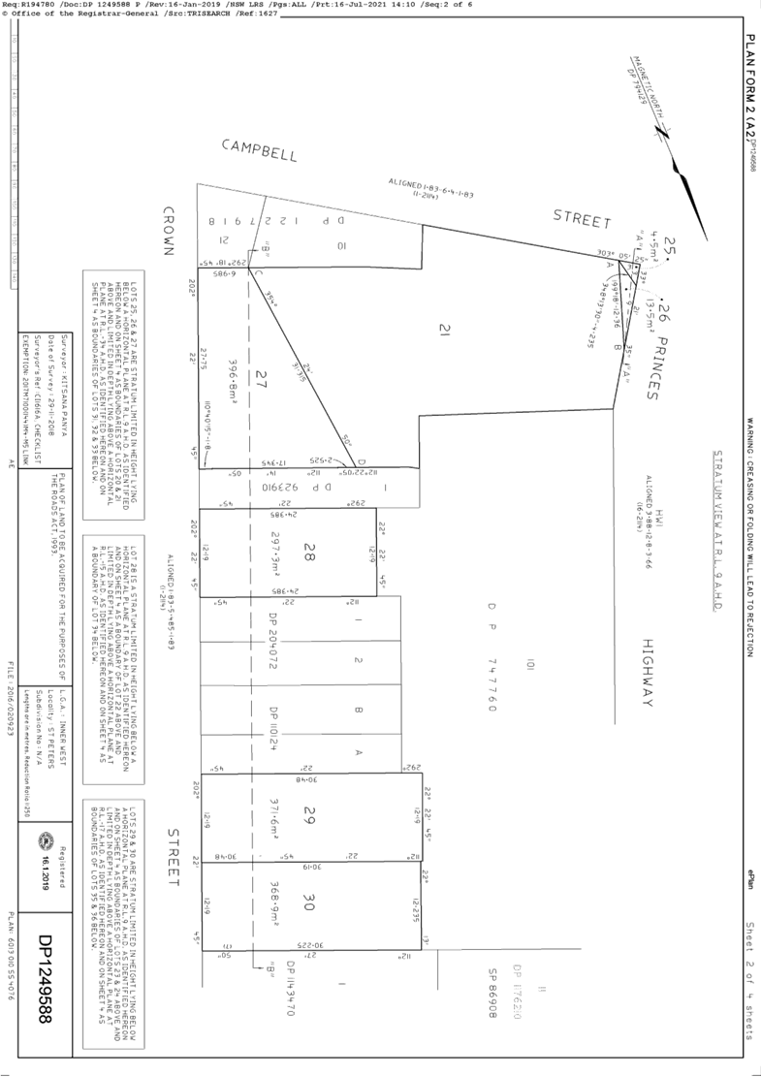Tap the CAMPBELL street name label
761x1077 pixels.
pos(259,149)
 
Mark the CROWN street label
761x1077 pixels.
pos(167,230)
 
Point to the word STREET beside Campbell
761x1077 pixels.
pos(582,219)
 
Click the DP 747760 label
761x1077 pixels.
pos(493,659)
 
